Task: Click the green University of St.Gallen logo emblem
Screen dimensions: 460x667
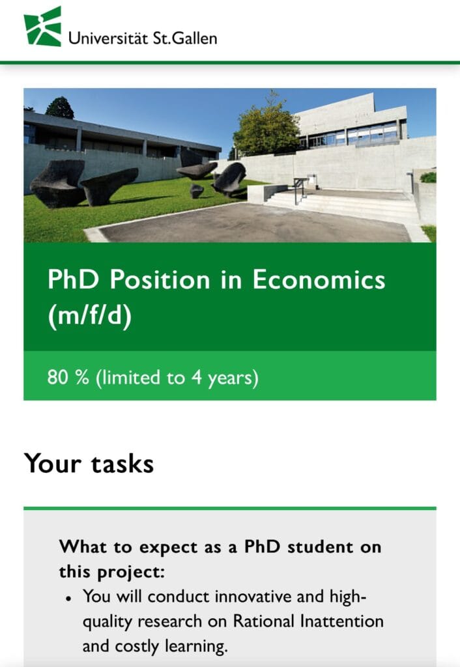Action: click(42, 26)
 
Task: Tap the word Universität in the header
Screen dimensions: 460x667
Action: click(108, 38)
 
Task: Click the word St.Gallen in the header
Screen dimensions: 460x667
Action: click(184, 38)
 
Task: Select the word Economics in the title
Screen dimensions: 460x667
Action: click(319, 280)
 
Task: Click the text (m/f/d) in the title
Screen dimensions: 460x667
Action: click(90, 316)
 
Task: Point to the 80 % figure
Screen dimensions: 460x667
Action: click(68, 377)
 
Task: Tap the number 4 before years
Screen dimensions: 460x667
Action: click(196, 377)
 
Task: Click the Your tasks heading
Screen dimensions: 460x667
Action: click(89, 463)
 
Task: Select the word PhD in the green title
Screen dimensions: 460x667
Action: click(73, 280)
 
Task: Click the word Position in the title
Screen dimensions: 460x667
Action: click(160, 280)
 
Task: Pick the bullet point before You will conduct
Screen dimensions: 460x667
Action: click(68, 599)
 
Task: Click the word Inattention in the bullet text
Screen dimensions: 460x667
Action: click(342, 621)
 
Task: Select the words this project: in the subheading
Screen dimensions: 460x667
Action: click(111, 572)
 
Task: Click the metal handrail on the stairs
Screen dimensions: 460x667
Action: click(300, 189)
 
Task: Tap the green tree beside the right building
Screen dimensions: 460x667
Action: click(266, 128)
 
